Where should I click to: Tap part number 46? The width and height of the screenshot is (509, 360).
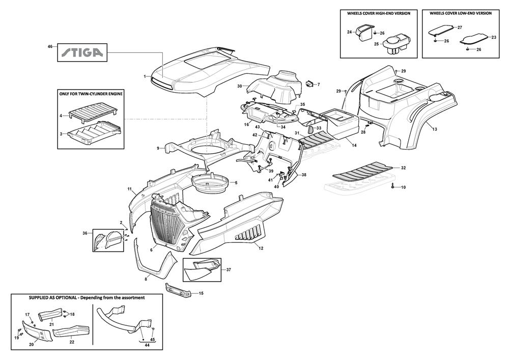coord(50,46)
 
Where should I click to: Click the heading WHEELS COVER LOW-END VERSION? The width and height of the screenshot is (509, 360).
coord(461,13)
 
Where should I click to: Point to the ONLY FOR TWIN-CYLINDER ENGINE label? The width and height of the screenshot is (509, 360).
coord(91,94)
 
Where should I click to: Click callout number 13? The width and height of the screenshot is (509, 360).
coord(435,130)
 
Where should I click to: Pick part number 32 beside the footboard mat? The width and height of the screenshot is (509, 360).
coord(403,168)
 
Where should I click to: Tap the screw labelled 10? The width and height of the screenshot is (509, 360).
coord(393,187)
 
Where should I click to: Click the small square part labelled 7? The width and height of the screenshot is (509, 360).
coord(309,84)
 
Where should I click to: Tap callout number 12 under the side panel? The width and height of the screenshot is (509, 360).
coord(261,248)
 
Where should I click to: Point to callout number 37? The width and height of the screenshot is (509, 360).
coord(229,270)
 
